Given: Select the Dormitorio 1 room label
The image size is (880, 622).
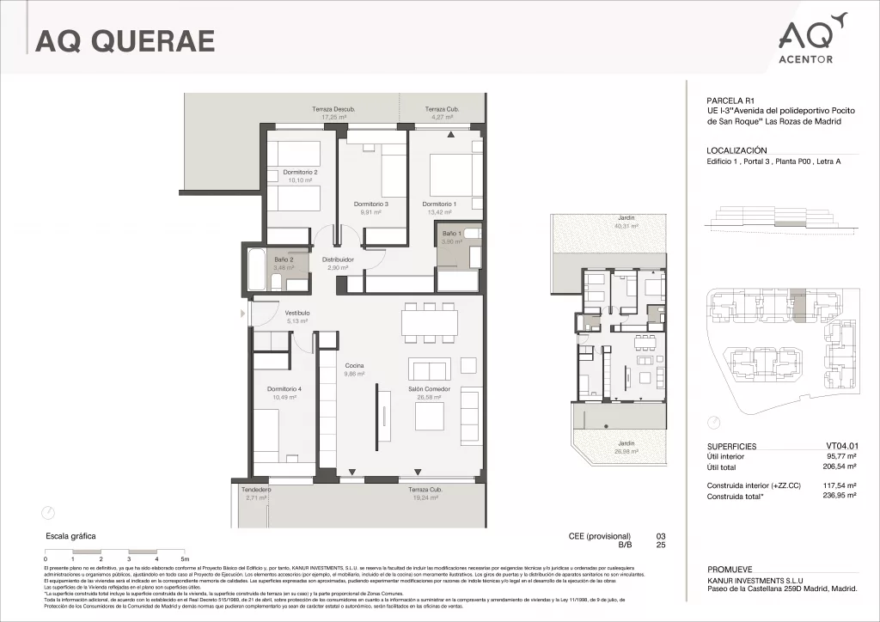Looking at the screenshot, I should pyautogui.click(x=439, y=204).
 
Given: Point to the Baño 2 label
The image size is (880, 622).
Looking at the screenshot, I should pyautogui.click(x=284, y=259).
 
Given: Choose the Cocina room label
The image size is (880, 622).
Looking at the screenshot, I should pyautogui.click(x=354, y=366).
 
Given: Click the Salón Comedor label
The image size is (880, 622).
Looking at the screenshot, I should pyautogui.click(x=430, y=388).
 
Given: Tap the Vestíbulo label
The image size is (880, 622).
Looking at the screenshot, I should pyautogui.click(x=297, y=313).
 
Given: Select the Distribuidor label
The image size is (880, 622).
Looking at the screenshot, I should pyautogui.click(x=339, y=259).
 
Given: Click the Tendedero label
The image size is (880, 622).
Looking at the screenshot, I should pyautogui.click(x=256, y=490).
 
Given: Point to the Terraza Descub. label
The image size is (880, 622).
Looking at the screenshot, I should pyautogui.click(x=333, y=109).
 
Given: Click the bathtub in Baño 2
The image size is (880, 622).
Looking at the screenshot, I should pyautogui.click(x=257, y=271).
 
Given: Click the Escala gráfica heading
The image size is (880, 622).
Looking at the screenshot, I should pyautogui.click(x=70, y=536).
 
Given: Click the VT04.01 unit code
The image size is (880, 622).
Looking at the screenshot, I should pyautogui.click(x=841, y=447).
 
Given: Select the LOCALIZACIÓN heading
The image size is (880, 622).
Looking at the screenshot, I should pyautogui.click(x=736, y=149).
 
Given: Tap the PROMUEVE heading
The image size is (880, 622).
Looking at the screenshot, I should pyautogui.click(x=730, y=570).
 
